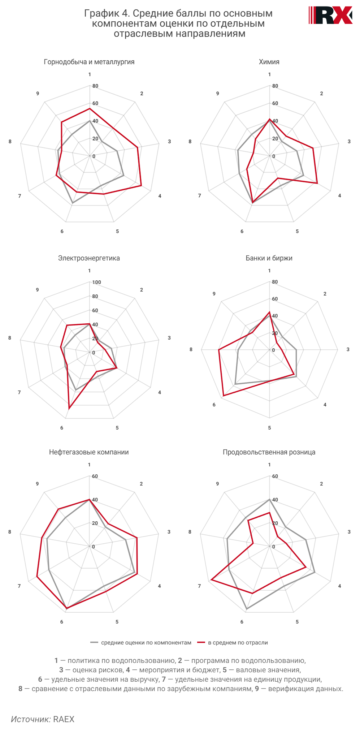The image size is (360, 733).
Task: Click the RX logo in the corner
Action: tap(331, 15)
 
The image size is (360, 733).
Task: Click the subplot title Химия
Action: tap(269, 62)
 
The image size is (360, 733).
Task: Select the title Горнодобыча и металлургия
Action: tap(89, 62)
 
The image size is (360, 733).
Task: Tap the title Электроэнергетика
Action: tap(89, 258)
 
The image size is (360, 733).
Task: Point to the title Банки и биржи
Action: tap(269, 258)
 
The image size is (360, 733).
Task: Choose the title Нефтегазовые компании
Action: tap(89, 452)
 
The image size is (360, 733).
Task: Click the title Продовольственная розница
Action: tap(269, 452)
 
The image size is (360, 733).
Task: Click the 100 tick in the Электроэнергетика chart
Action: tap(97, 282)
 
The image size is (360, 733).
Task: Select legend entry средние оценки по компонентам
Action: tap(146, 643)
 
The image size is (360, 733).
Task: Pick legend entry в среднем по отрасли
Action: tap(238, 643)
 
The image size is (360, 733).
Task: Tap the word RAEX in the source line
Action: tap(64, 719)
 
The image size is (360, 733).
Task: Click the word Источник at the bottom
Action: tap(31, 719)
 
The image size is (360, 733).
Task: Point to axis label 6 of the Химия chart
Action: tap(242, 231)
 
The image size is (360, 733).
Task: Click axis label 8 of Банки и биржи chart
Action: tap(191, 349)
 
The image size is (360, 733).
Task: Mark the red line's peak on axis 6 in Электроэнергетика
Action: tap(69, 409)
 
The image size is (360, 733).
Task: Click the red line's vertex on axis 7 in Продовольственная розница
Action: tap(211, 580)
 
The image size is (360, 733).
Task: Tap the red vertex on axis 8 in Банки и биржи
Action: tap(218, 350)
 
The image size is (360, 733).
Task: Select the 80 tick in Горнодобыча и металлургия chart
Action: tap(95, 86)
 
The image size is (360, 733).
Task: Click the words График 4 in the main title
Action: tap(107, 13)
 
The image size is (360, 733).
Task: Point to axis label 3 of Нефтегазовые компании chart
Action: tap(169, 532)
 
